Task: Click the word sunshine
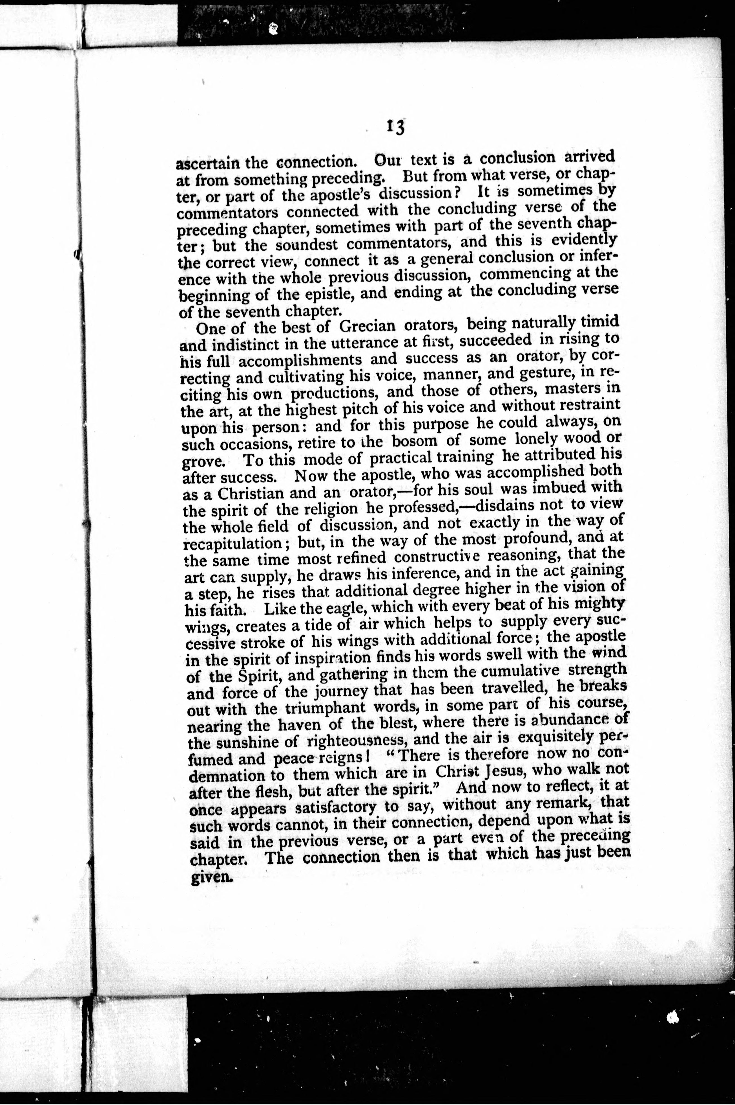tap(242, 744)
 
